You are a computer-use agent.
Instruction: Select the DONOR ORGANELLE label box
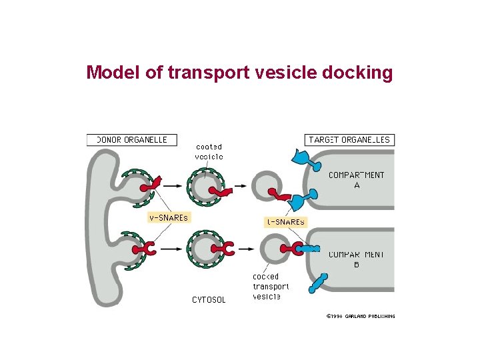point(131,140)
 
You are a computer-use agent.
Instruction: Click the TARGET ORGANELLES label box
point(349,140)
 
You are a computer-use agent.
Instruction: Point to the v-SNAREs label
point(168,217)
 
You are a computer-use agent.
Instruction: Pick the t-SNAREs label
point(285,222)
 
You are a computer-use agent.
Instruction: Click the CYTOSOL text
point(209,300)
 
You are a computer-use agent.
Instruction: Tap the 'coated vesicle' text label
point(209,151)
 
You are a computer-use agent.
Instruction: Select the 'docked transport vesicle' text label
point(270,286)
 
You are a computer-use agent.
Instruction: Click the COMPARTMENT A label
point(356,180)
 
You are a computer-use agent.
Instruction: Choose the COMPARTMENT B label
point(356,259)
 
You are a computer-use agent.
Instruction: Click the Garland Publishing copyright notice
point(360,316)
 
